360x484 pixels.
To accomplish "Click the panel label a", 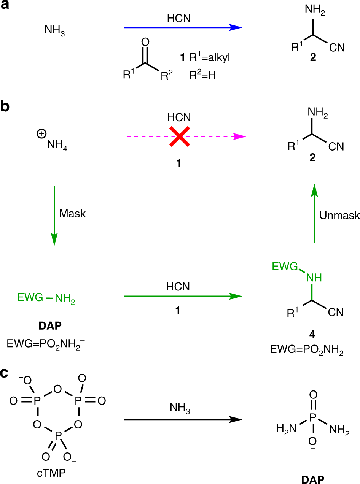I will coord(5,7).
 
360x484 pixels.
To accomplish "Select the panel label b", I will coord(5,106).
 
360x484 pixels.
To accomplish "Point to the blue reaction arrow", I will coord(183,27).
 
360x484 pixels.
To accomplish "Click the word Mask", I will coord(72,214).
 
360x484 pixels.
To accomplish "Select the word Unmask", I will coord(340,215).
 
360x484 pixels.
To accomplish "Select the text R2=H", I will coord(202,76).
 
